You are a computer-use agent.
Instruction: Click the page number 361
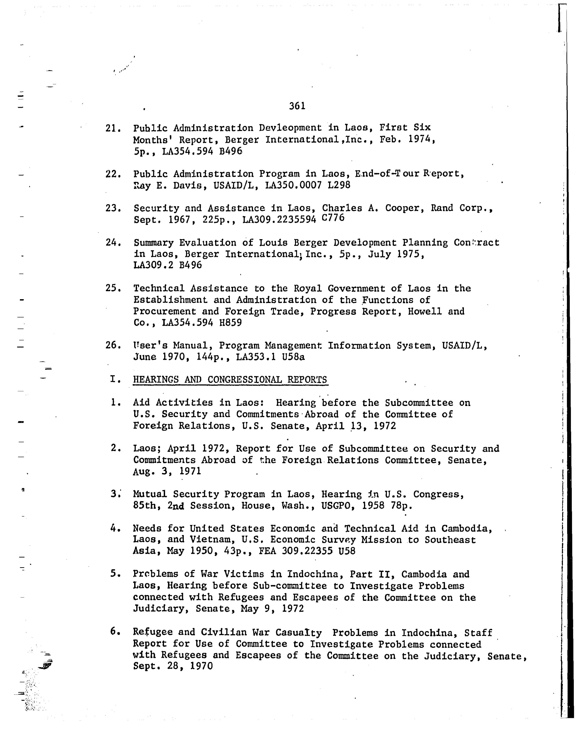pos(297,106)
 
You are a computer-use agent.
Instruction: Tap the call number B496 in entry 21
pos(231,151)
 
